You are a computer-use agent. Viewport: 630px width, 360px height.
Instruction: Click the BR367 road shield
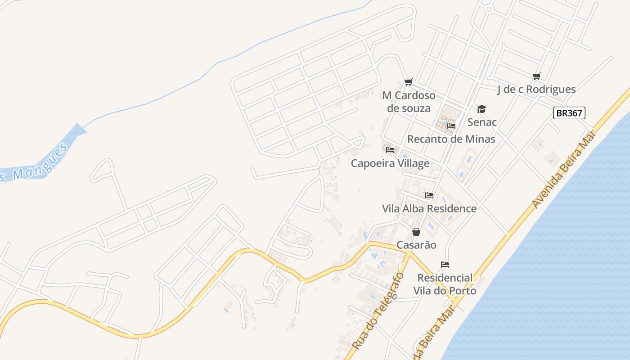569,113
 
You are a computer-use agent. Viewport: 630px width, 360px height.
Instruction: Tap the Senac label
482,122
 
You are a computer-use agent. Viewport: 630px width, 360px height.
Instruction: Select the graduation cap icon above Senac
482,109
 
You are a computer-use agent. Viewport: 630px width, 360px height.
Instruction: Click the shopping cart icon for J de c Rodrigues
536,76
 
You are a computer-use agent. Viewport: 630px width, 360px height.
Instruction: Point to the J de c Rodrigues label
536,89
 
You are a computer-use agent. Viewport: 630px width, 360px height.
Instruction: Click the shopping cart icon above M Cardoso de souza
409,82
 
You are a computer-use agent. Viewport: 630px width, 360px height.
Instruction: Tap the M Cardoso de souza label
409,102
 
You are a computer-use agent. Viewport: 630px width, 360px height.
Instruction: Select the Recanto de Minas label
451,139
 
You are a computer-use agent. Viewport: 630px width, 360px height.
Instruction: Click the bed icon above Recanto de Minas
451,126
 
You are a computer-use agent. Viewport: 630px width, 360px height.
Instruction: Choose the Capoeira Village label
390,163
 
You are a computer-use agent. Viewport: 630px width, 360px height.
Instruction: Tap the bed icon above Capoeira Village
390,149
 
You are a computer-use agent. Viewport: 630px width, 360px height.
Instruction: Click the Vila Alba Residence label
429,208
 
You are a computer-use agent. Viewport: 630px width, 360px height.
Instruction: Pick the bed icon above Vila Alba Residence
429,195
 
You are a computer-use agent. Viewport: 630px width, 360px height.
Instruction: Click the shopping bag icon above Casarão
416,232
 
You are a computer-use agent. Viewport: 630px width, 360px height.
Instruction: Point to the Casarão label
416,245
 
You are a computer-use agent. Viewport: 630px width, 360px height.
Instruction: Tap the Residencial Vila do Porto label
445,284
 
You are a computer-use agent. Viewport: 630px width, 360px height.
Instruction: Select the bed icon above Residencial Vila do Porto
445,264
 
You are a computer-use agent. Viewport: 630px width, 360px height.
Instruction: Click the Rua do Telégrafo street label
378,310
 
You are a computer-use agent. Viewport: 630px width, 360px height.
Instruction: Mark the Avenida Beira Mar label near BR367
563,169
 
